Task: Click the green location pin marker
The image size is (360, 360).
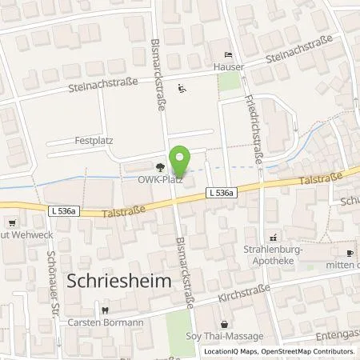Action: tap(181, 161)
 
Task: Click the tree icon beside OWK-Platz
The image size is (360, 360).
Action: tap(162, 167)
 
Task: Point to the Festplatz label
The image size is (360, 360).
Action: tap(95, 141)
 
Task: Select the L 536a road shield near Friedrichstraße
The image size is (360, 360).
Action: tap(220, 193)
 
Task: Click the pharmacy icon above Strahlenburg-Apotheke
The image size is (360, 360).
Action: tap(274, 237)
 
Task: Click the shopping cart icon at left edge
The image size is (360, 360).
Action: tap(10, 225)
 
